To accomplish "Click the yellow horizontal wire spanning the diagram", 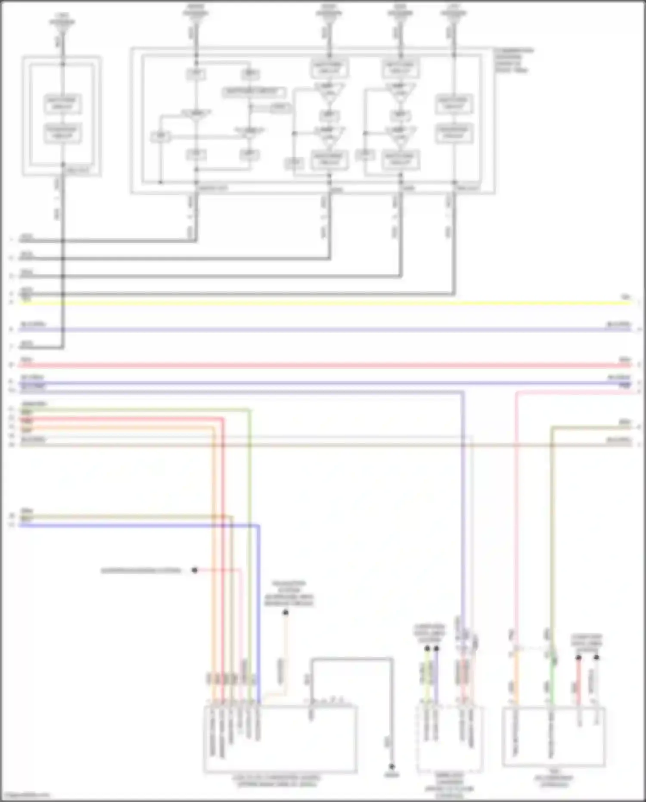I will (323, 303).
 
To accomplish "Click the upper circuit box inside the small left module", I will (63, 104).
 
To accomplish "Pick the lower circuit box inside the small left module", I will (63, 133).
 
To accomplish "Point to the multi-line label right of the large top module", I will (513, 60).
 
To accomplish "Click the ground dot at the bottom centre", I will (391, 767).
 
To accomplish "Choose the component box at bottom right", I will (553, 737).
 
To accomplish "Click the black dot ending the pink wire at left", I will (195, 570).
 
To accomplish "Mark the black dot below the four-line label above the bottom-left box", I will (286, 613).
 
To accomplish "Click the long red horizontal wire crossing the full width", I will (323, 365).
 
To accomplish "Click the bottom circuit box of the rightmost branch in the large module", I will (454, 133).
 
